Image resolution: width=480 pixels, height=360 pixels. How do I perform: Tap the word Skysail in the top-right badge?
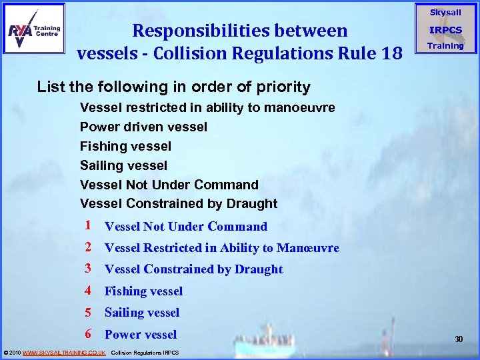445,13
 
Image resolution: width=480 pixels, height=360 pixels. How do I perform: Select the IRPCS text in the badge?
445,30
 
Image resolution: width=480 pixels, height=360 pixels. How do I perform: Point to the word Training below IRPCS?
445,46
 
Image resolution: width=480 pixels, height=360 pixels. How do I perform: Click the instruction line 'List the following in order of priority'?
173,87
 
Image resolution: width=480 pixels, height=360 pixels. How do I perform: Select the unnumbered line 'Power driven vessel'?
143,127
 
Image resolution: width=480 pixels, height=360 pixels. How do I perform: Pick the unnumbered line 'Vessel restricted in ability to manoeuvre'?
207,107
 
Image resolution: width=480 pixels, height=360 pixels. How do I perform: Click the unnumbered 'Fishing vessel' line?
125,146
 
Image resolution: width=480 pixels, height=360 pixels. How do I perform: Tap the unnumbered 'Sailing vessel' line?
123,165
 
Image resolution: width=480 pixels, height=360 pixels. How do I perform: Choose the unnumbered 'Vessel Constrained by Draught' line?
179,203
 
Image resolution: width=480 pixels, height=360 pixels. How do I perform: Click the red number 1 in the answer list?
89,226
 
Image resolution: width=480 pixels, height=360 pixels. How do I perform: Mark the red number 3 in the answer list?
89,269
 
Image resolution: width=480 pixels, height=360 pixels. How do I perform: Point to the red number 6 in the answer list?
89,334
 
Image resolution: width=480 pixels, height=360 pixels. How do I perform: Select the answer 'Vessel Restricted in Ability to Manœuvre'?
222,248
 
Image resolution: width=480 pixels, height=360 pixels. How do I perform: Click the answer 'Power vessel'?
141,335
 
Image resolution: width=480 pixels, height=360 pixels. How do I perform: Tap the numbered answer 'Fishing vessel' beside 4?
143,291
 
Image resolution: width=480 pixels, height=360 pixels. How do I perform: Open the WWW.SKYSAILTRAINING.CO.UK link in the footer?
64,352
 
